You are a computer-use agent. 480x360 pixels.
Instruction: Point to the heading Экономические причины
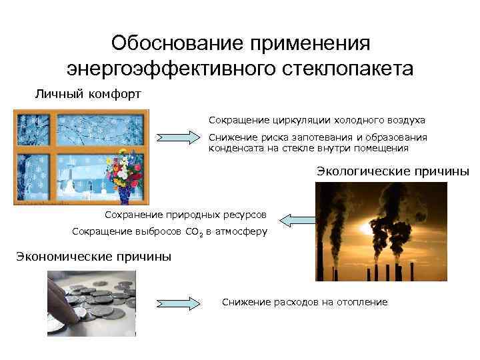[93, 257]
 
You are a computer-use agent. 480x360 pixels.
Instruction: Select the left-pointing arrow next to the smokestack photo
[297, 219]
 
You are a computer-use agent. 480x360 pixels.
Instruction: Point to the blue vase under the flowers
[125, 194]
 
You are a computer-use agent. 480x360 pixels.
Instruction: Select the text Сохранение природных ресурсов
[186, 215]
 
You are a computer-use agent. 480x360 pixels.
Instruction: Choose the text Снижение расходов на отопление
[305, 302]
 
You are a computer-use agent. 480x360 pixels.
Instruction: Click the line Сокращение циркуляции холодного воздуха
[317, 121]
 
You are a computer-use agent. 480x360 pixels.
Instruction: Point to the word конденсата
[234, 148]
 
